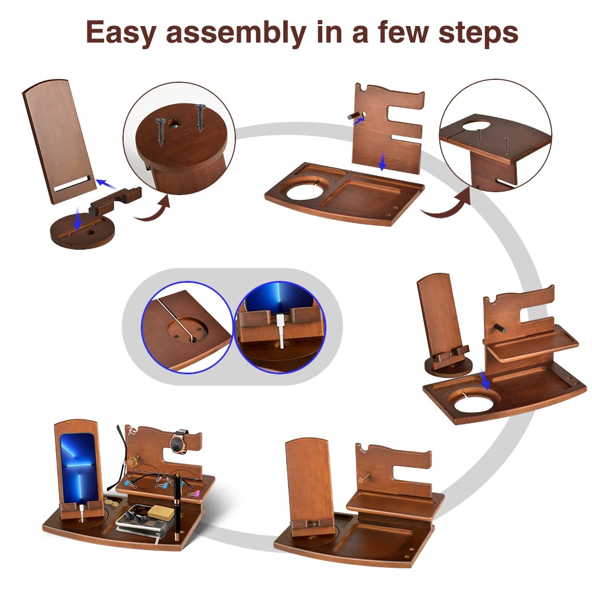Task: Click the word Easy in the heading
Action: [121, 33]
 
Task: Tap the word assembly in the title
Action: [236, 33]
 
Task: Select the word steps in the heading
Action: [478, 34]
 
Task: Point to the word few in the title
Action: [403, 32]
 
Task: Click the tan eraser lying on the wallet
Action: [160, 512]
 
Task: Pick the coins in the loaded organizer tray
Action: [111, 503]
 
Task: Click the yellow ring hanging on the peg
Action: [132, 461]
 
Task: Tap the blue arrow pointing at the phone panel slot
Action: [106, 185]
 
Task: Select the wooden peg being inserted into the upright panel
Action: [354, 115]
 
